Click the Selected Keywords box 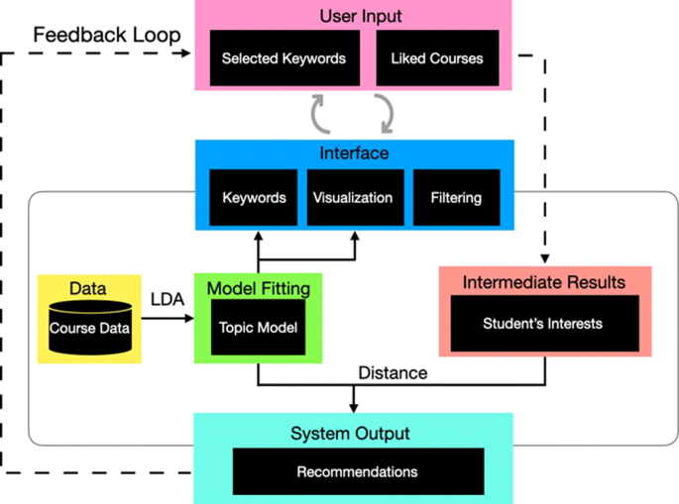point(283,58)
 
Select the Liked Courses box point(436,58)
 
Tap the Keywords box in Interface point(254,197)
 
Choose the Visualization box point(352,197)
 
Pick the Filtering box point(456,197)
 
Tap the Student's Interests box point(542,323)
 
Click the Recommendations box point(358,471)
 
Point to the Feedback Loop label point(107,35)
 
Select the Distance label point(393,373)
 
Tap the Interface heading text point(354,153)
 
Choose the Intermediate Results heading point(544,282)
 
